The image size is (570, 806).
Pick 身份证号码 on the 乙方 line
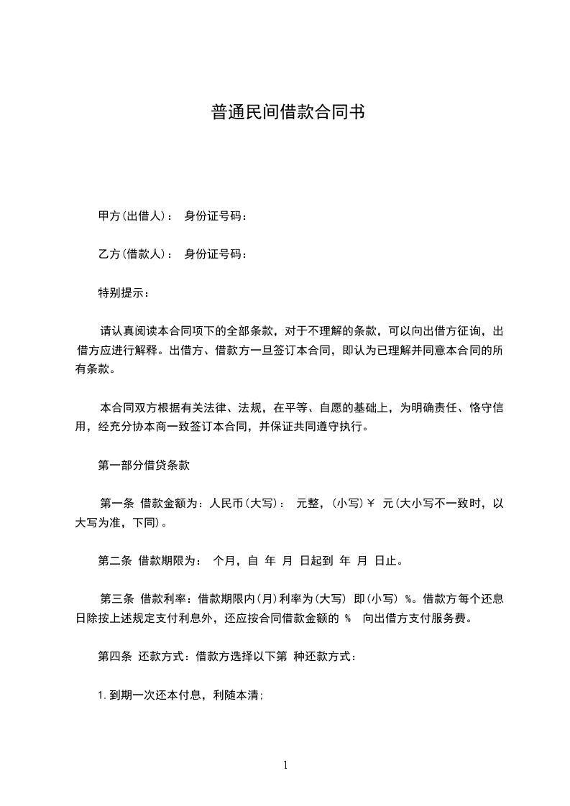point(215,254)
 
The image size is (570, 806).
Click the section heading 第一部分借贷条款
point(144,465)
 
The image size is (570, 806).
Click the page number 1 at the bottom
point(285,765)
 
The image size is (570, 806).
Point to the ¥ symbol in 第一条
point(371,504)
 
